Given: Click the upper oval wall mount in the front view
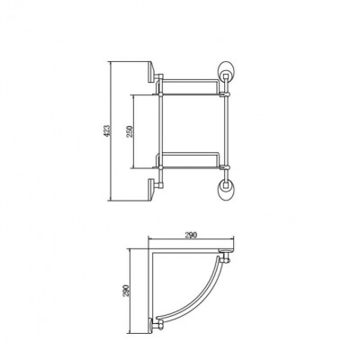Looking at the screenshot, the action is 225,71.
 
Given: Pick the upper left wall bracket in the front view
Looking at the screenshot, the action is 152,72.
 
